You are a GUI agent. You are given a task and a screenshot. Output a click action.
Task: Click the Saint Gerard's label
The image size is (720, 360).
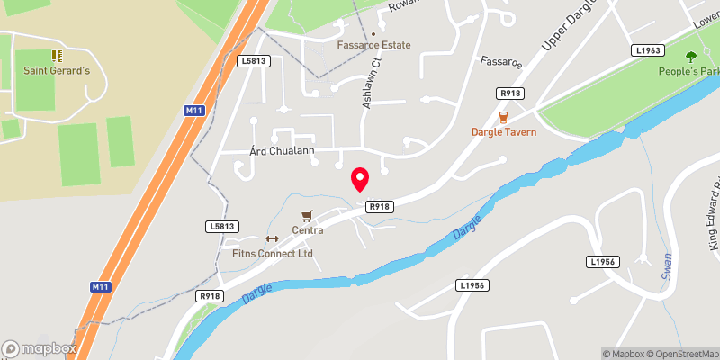pos(56,72)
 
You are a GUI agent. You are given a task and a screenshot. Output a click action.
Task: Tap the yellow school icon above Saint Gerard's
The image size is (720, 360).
pos(56,56)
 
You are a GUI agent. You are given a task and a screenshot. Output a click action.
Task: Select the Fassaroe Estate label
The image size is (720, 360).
pos(373,45)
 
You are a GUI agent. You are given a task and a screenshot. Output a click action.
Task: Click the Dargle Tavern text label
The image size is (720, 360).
pos(504,132)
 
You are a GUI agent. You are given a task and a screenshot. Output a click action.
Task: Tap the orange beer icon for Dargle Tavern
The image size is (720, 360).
pos(503,116)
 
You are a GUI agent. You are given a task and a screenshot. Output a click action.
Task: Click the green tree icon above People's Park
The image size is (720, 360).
pos(691,57)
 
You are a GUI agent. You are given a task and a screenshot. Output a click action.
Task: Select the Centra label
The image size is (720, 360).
pos(308,230)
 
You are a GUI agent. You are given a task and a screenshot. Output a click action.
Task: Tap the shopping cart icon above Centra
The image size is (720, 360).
pos(308,215)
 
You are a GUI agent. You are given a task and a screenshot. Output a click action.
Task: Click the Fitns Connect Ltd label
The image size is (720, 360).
pos(273,253)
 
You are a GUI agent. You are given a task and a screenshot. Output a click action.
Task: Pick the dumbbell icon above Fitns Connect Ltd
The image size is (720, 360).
pos(273,238)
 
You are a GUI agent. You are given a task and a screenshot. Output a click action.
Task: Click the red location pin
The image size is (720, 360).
pos(360,179)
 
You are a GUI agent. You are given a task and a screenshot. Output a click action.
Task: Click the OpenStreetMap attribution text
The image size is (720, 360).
pos(680,354)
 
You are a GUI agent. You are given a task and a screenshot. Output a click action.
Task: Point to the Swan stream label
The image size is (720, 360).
pos(668,264)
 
